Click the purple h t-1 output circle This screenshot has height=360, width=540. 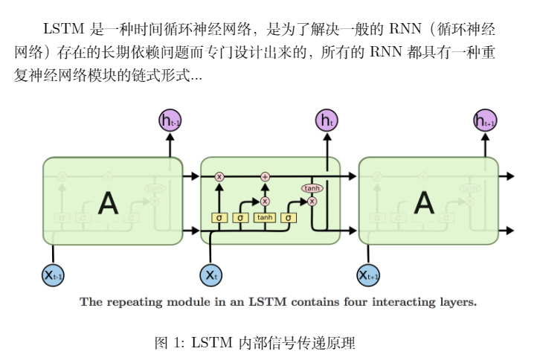(x=170, y=120)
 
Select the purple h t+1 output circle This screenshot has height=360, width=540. (x=485, y=120)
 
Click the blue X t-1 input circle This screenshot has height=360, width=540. (x=53, y=275)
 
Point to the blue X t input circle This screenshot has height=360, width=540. (x=211, y=275)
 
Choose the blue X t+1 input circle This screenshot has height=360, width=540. (x=369, y=275)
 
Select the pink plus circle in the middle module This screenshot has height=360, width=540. (x=265, y=176)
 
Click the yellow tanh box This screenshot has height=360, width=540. (x=265, y=218)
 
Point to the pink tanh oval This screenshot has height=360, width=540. (x=312, y=189)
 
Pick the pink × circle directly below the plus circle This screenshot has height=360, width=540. (x=265, y=201)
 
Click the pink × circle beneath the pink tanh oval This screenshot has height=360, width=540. (x=312, y=201)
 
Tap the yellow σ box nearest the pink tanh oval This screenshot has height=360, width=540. (x=289, y=218)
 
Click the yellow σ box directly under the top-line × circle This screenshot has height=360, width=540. (x=219, y=218)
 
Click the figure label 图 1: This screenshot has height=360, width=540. (x=169, y=343)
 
